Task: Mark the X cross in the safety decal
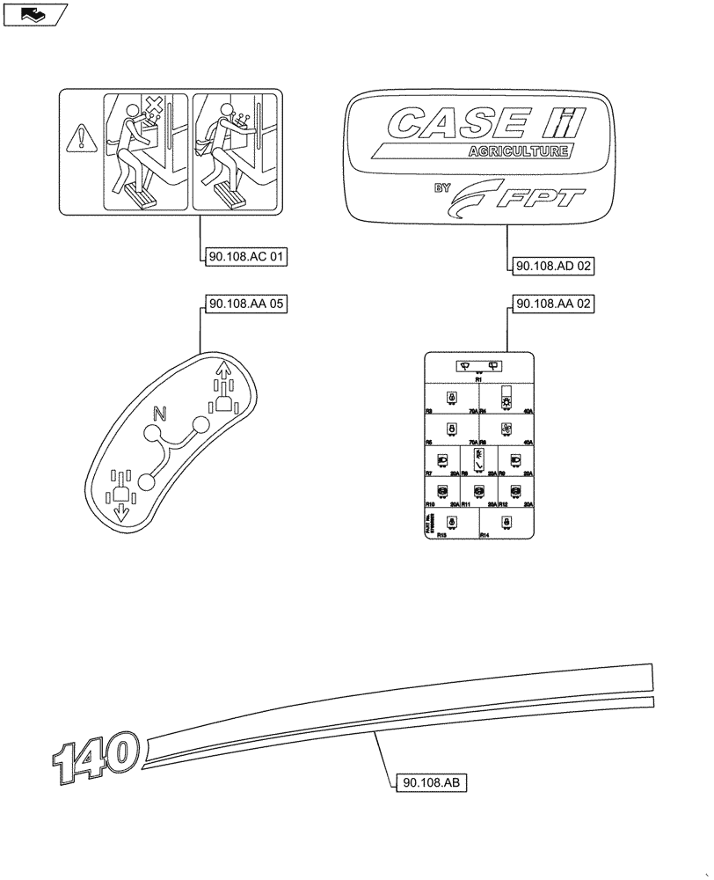point(155,108)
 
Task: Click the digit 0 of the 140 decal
point(121,752)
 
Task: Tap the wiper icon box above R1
point(478,365)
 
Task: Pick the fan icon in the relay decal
point(506,429)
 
